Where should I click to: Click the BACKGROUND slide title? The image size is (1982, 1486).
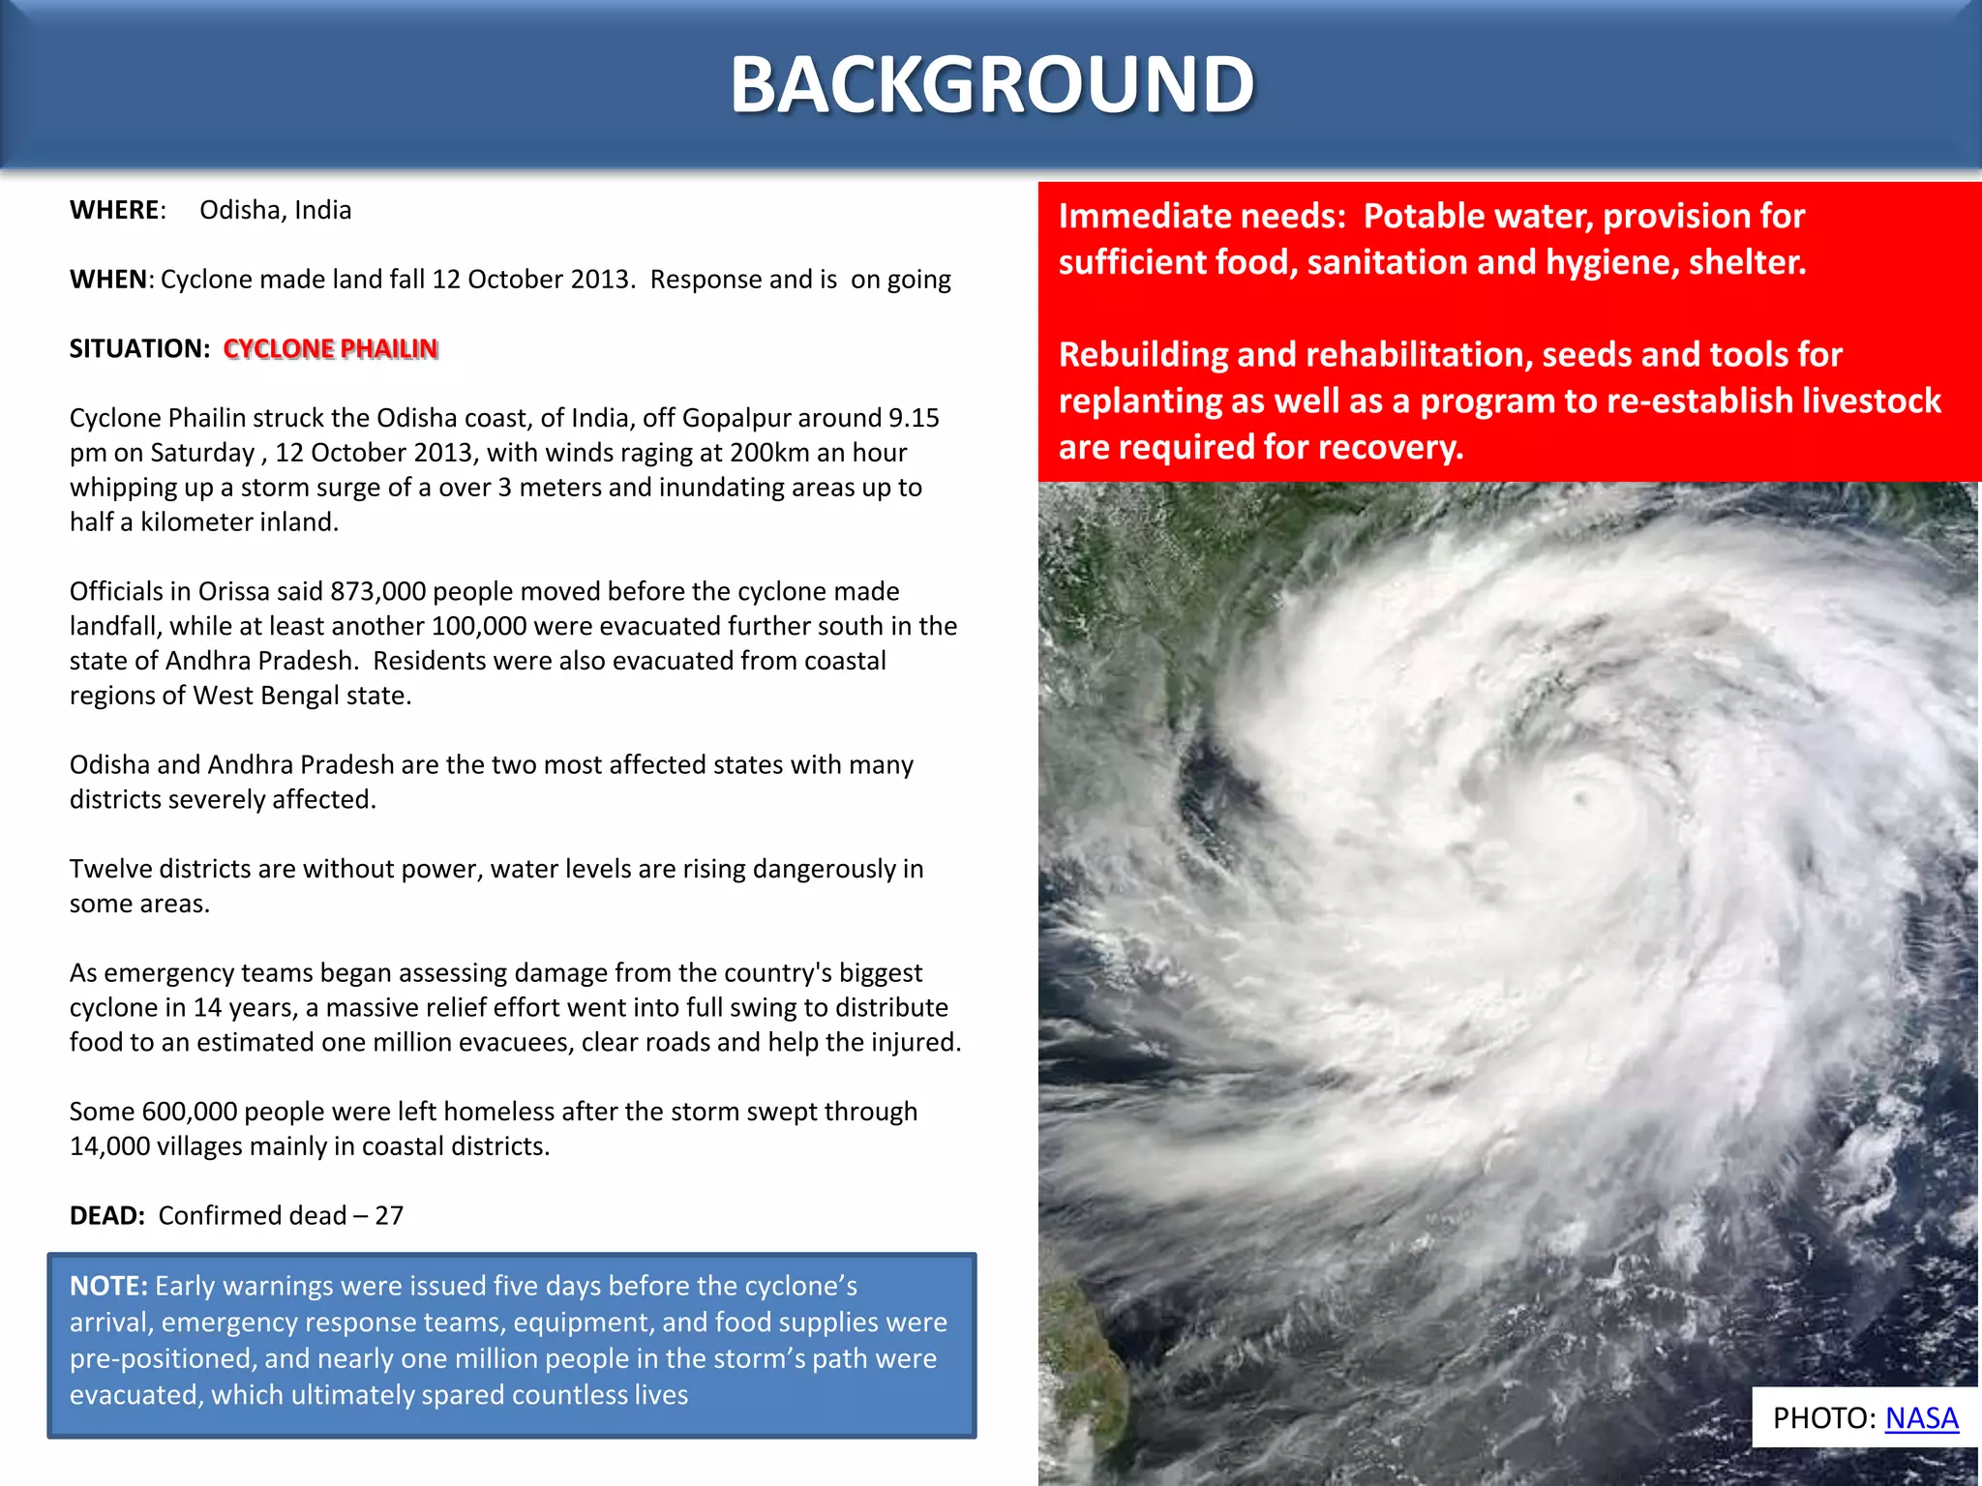[x=992, y=85]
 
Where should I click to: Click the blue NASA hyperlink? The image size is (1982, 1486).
[x=1921, y=1418]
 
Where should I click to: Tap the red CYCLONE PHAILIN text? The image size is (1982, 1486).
[x=331, y=348]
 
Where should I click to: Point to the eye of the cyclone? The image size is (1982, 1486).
[x=1583, y=799]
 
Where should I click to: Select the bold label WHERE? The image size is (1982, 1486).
[x=115, y=210]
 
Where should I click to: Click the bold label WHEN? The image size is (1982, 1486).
[x=109, y=280]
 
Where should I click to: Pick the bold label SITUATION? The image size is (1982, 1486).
[x=138, y=348]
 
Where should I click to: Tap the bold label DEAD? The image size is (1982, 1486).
[x=105, y=1215]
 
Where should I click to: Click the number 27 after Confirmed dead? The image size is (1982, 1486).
[x=389, y=1215]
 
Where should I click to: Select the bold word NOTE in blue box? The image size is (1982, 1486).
[x=107, y=1286]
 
